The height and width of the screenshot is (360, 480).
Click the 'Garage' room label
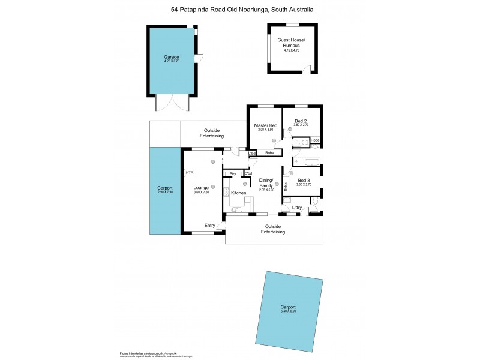(x=172, y=56)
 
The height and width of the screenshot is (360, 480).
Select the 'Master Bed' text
(x=265, y=125)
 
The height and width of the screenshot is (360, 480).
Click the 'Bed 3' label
(x=304, y=180)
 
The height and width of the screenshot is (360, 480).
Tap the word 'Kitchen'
(x=239, y=193)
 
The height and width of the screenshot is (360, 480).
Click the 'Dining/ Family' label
(x=266, y=183)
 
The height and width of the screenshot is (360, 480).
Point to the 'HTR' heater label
(x=190, y=173)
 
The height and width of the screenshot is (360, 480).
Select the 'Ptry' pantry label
(x=232, y=174)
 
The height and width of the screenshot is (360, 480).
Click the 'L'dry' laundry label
(x=296, y=208)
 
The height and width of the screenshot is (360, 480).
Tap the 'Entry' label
(x=209, y=226)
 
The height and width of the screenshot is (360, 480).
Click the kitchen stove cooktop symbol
(x=227, y=193)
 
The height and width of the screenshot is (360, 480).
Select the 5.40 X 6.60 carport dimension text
(x=288, y=311)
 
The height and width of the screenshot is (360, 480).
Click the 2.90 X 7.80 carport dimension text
(x=164, y=192)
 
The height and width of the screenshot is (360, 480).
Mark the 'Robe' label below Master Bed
(x=269, y=153)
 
